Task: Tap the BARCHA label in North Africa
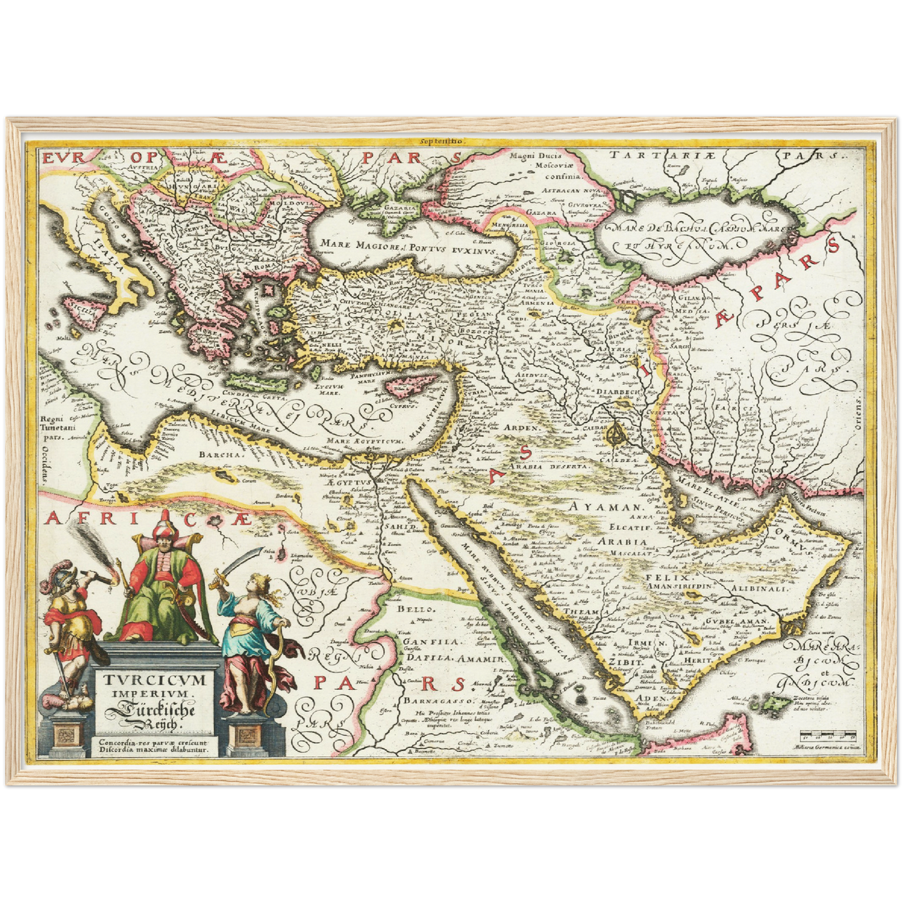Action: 221,454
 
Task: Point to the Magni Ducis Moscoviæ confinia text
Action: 537,166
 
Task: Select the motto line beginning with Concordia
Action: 153,742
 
